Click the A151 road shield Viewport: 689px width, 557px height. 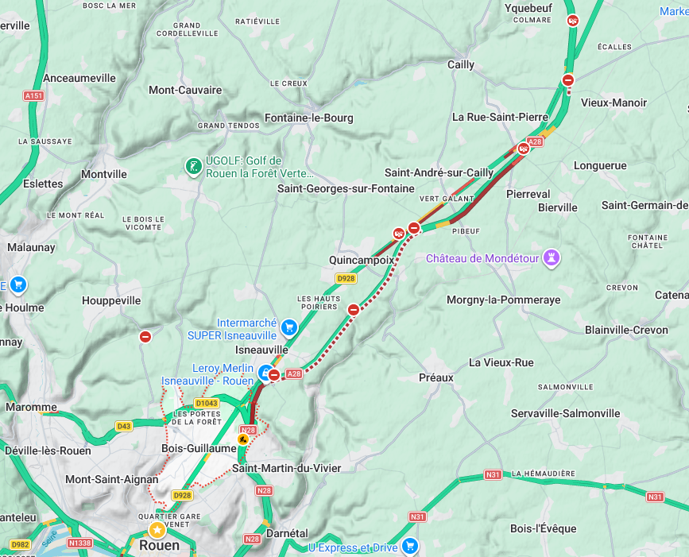click(x=33, y=95)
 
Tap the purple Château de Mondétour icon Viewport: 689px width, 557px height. click(x=551, y=258)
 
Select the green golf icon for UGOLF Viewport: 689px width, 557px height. click(x=192, y=166)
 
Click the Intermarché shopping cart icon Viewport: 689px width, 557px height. click(x=289, y=327)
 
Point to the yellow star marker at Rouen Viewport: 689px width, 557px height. click(x=158, y=529)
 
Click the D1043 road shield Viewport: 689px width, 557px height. click(x=207, y=404)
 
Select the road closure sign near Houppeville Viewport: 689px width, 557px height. click(x=145, y=337)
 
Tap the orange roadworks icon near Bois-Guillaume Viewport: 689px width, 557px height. click(x=243, y=439)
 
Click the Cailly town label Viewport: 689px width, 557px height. click(x=461, y=65)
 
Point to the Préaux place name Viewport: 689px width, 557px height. click(x=436, y=377)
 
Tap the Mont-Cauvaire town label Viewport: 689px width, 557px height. click(x=185, y=90)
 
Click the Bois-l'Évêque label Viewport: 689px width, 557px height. click(x=544, y=528)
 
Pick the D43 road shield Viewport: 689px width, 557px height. click(x=123, y=427)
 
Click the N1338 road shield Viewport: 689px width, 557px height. click(x=80, y=543)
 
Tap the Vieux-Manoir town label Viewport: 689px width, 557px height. click(x=614, y=103)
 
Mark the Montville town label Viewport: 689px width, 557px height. click(x=104, y=174)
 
